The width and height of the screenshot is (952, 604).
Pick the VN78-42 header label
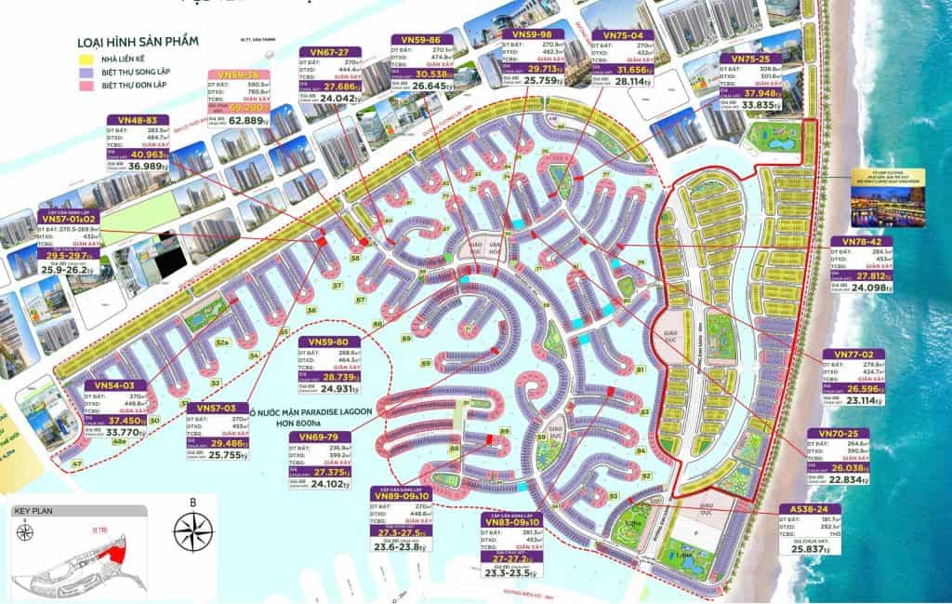pyautogui.click(x=862, y=241)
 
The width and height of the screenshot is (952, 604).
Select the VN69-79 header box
pyautogui.click(x=319, y=436)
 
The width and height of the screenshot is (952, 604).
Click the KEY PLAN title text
pyautogui.click(x=35, y=511)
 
